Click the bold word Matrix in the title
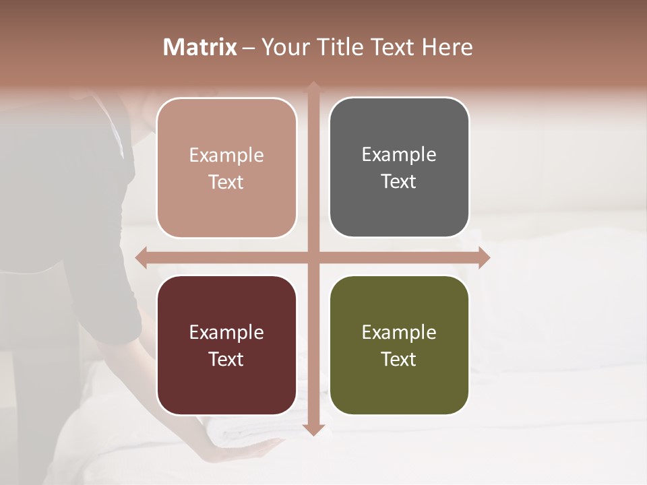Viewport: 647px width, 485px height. (x=200, y=47)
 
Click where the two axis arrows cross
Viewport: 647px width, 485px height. (x=313, y=257)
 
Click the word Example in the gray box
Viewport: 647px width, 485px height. (x=399, y=154)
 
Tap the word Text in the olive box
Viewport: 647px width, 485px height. (x=399, y=359)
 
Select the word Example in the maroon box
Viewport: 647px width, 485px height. (x=226, y=332)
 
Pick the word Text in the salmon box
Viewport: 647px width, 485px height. (x=226, y=182)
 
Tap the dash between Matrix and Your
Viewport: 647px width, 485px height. (x=248, y=48)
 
